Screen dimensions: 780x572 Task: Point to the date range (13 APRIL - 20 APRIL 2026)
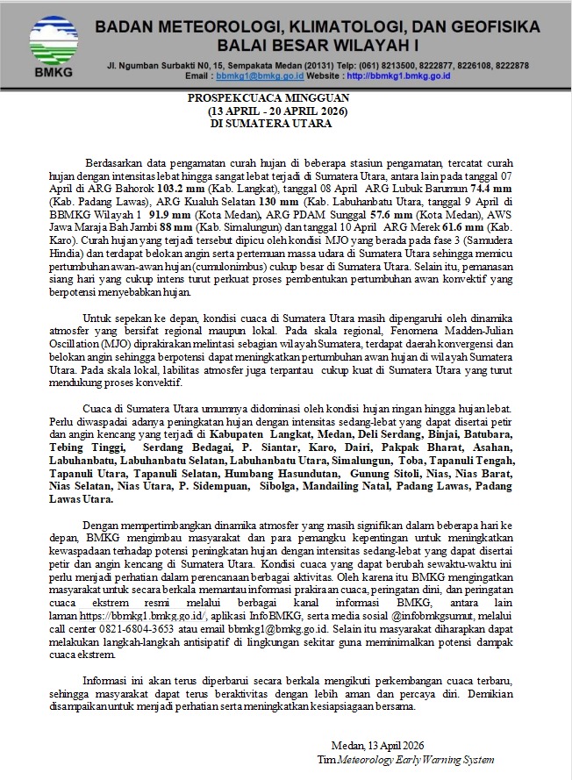(x=278, y=112)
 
